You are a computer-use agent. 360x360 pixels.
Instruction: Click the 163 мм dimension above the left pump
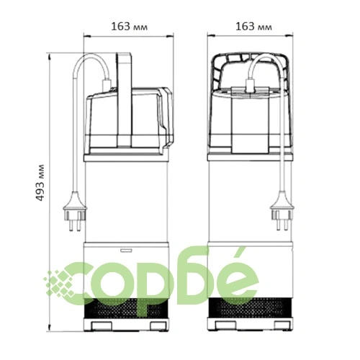click(x=129, y=27)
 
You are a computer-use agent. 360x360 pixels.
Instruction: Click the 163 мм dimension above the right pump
click(x=253, y=27)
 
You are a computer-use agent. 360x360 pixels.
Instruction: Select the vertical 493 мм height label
click(x=40, y=183)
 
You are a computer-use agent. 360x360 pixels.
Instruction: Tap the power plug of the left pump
click(x=75, y=212)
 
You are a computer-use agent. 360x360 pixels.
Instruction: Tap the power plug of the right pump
click(x=282, y=211)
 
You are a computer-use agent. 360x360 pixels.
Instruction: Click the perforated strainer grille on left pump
click(x=126, y=308)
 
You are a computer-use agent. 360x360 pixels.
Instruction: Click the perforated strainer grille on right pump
click(x=250, y=307)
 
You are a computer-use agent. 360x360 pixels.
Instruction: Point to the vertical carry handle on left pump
click(x=124, y=99)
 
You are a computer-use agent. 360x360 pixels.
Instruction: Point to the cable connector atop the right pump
click(x=250, y=86)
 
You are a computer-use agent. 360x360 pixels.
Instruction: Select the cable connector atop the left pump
click(x=107, y=85)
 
